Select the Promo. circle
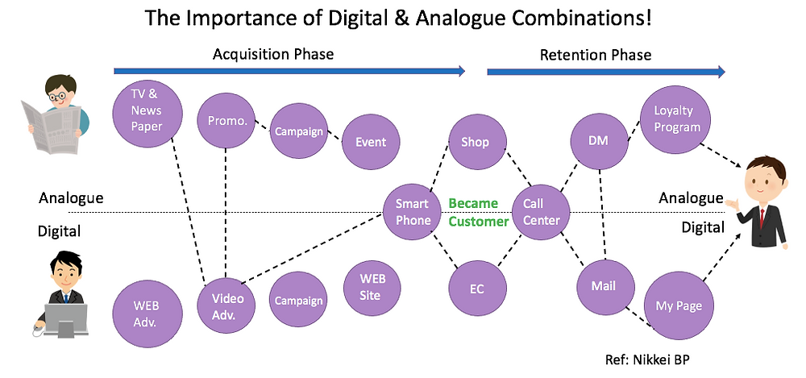[x=226, y=121]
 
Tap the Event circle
[x=371, y=141]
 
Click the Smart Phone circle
[x=413, y=211]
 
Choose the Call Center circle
[x=542, y=211]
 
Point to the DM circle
[x=600, y=141]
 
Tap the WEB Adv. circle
[x=147, y=314]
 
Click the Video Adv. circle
[x=226, y=306]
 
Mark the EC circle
[x=477, y=288]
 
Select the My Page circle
[x=679, y=305]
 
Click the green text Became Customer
[x=478, y=213]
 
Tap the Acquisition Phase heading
[x=273, y=54]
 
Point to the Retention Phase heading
[x=596, y=55]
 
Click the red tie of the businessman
[x=762, y=218]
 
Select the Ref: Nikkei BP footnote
[x=647, y=359]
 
